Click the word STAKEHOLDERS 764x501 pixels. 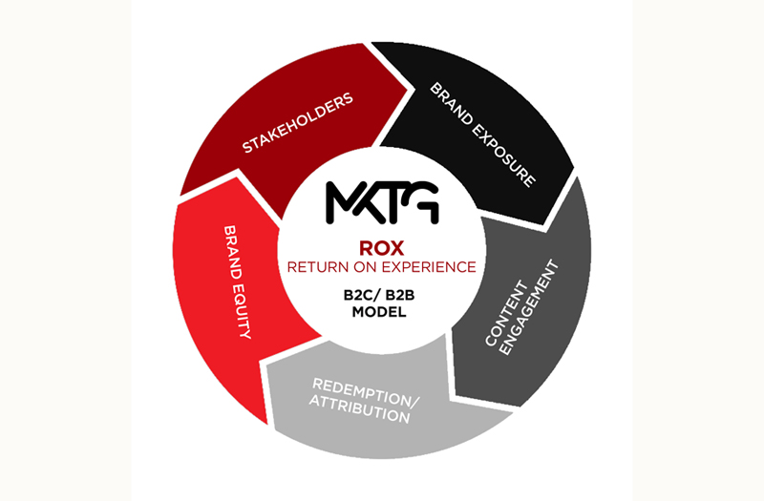(298, 123)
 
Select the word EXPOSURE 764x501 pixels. (504, 156)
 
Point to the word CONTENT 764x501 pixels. (506, 314)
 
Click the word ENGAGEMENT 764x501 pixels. (530, 307)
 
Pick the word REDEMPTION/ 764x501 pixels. (366, 392)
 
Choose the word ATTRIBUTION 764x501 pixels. (360, 409)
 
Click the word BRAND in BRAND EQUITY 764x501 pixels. (232, 252)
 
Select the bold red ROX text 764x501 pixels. (381, 248)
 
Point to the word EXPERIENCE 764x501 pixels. (429, 267)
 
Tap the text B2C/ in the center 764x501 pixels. (362, 296)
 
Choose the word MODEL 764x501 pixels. (379, 312)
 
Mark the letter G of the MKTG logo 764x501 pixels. (423, 202)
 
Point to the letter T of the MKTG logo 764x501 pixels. (392, 202)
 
